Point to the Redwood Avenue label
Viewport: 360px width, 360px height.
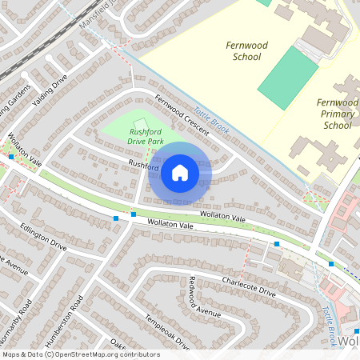[204, 297]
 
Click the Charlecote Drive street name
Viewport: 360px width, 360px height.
[248, 287]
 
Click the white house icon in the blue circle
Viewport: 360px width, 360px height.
[180, 172]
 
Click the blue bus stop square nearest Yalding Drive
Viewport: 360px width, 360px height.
[11, 157]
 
